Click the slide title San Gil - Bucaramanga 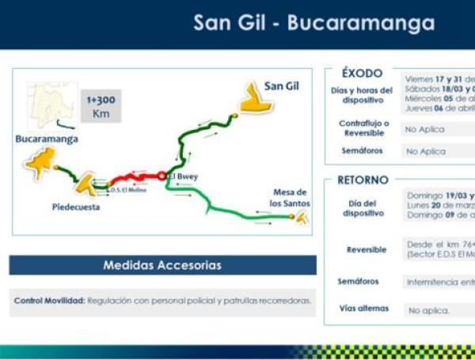[313, 23]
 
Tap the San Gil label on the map [282, 85]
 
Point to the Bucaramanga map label [47, 138]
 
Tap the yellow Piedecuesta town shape [85, 184]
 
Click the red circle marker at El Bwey [161, 176]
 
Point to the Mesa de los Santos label [290, 198]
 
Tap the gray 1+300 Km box [101, 108]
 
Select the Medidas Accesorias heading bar [162, 265]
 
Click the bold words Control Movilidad [50, 301]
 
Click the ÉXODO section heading [362, 73]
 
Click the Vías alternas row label [364, 309]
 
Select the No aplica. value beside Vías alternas [428, 311]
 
